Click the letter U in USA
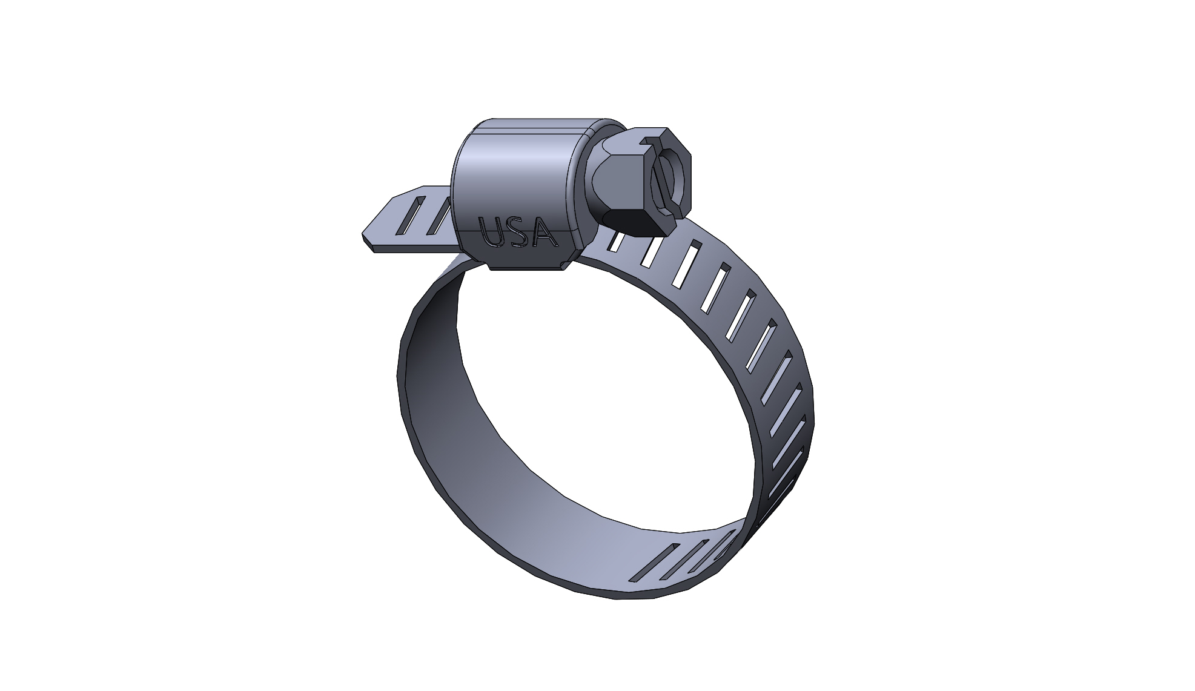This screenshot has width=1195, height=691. [491, 231]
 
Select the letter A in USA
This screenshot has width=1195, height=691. [544, 233]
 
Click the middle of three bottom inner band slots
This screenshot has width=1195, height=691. [678, 560]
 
